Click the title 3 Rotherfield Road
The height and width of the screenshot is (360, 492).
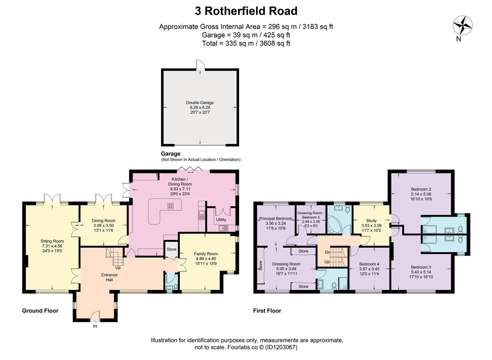click(246, 11)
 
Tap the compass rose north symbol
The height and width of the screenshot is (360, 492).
click(463, 26)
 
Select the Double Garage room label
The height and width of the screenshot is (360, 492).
click(200, 103)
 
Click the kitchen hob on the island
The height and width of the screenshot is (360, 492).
click(171, 206)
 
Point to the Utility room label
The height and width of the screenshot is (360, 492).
click(221, 220)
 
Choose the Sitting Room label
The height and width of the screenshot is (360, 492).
click(52, 241)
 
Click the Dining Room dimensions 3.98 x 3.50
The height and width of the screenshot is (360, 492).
click(103, 226)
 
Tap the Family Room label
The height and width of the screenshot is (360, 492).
click(206, 254)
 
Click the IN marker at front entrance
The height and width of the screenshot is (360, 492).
click(95, 326)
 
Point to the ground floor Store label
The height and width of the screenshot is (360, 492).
click(172, 249)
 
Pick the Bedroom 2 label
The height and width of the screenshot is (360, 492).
click(421, 189)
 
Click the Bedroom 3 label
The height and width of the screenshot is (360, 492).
click(421, 267)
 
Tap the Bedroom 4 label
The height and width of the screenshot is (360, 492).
click(369, 264)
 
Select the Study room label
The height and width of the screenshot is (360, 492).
click(371, 221)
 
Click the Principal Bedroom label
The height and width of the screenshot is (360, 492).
click(276, 219)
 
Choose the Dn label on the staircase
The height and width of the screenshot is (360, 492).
click(327, 252)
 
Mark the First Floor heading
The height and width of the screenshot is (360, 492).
click(267, 311)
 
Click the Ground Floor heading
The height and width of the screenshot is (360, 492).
click(40, 311)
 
